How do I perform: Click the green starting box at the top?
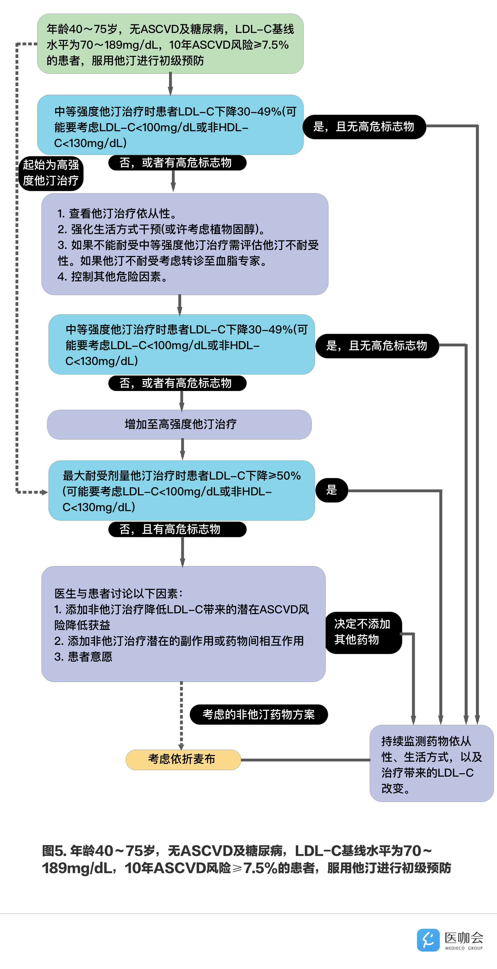[x=170, y=44]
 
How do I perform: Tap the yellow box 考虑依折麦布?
[x=183, y=759]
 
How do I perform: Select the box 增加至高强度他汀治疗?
[x=179, y=424]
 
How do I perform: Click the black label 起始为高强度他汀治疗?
[x=51, y=173]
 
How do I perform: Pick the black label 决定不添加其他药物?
[x=363, y=632]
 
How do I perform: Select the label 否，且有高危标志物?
[x=177, y=529]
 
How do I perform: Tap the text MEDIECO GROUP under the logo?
[x=463, y=948]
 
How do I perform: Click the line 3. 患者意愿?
[x=83, y=657]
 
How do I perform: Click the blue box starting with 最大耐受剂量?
[x=181, y=491]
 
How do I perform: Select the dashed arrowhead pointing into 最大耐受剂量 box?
[x=44, y=492]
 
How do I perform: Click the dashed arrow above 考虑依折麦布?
[x=181, y=715]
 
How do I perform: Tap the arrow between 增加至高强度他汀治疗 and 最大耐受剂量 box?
[x=183, y=449]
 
